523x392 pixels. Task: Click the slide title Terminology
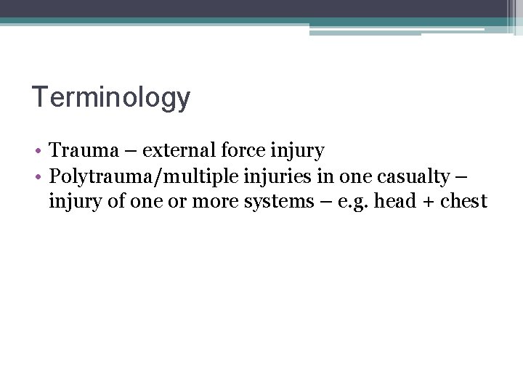click(111, 98)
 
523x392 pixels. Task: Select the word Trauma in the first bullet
click(82, 151)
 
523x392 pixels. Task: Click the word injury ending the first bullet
click(298, 152)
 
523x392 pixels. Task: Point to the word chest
click(462, 200)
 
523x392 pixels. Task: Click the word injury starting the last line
click(71, 202)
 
